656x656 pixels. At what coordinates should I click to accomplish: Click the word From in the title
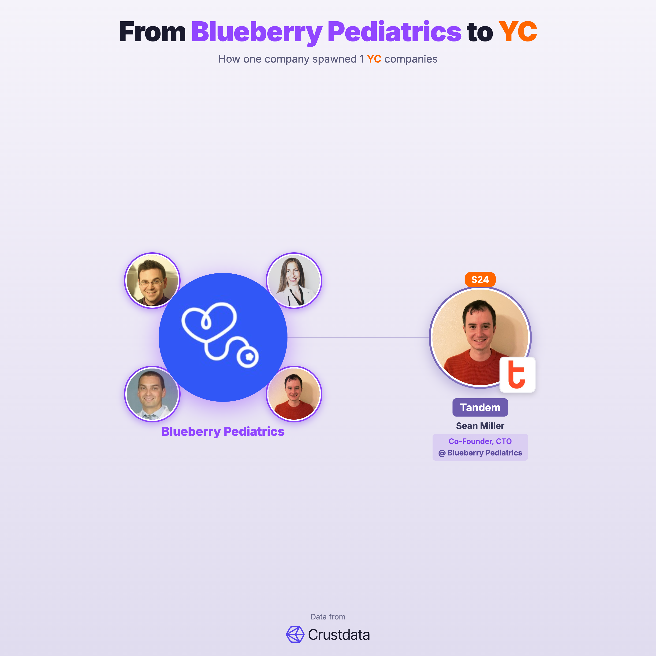152,32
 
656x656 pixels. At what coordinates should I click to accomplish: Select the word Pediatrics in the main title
394,32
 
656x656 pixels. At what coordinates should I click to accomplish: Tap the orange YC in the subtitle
374,59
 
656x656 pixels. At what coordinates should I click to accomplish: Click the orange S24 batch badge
480,280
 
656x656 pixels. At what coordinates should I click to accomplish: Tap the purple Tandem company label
480,407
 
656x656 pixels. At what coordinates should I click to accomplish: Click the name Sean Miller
480,426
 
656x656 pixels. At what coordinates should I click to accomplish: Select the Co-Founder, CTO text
480,441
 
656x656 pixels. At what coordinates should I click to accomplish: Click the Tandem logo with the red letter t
517,375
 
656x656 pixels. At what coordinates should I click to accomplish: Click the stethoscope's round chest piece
248,357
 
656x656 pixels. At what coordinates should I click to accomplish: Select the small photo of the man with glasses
152,280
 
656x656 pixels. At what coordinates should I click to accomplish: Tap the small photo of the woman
294,280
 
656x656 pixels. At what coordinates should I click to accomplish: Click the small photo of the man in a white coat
152,394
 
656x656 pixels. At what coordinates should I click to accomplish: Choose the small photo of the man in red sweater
294,394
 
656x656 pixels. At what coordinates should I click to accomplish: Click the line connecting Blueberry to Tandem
358,337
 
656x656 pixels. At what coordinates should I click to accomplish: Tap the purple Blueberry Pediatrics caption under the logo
223,431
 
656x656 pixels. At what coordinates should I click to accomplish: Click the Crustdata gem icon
295,634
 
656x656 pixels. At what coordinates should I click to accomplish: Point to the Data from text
328,617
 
